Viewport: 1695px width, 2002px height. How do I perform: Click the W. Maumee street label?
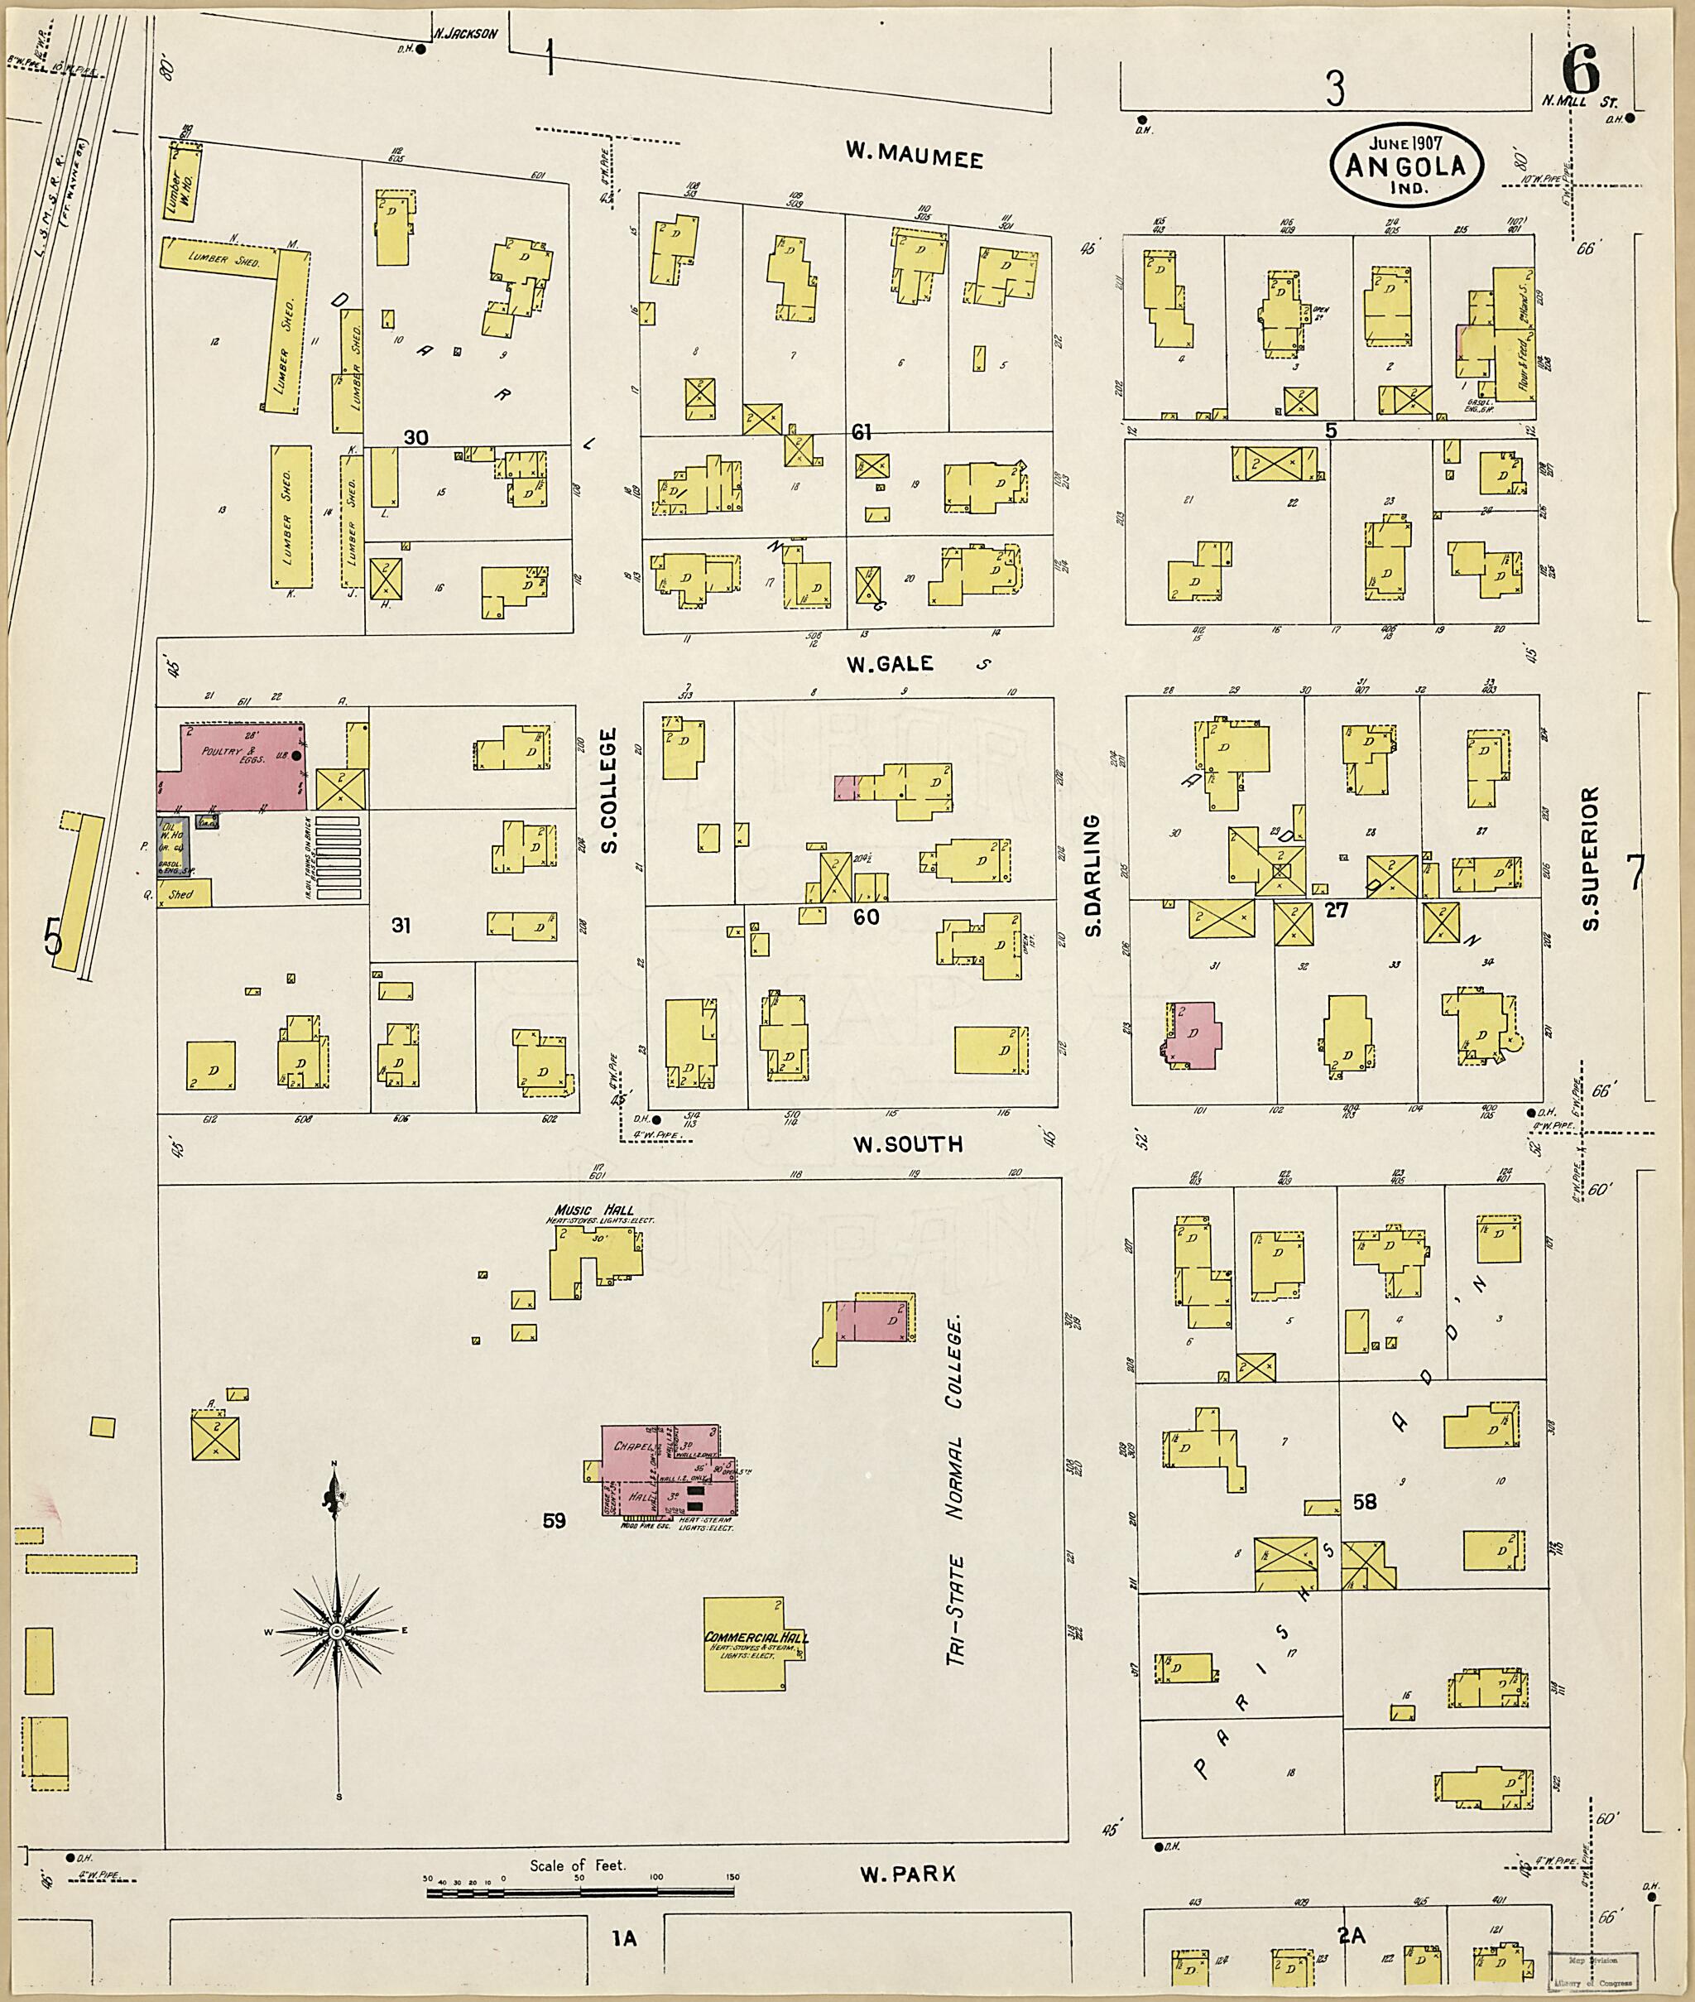point(914,154)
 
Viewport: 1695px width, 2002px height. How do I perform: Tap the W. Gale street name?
point(889,663)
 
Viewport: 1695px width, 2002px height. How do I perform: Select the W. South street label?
point(907,1143)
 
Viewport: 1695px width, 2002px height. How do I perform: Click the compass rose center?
point(338,1632)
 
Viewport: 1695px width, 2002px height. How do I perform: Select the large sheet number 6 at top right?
point(1580,70)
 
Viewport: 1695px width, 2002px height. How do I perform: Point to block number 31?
point(401,926)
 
